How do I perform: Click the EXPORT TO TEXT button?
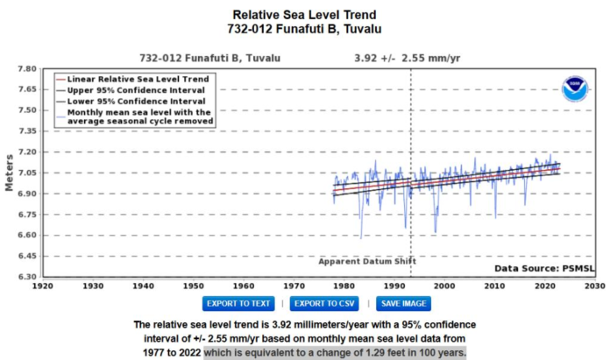pyautogui.click(x=238, y=303)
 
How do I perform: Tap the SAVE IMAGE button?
pyautogui.click(x=405, y=303)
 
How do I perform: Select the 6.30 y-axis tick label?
pyautogui.click(x=26, y=277)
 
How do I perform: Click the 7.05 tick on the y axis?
pyautogui.click(x=26, y=173)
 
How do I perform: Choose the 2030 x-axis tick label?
pyautogui.click(x=595, y=286)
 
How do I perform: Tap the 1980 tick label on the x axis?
pyautogui.click(x=344, y=286)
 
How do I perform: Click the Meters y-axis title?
pyautogui.click(x=10, y=173)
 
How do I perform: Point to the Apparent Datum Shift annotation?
pyautogui.click(x=367, y=261)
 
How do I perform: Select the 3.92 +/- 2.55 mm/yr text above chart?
pyautogui.click(x=395, y=58)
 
